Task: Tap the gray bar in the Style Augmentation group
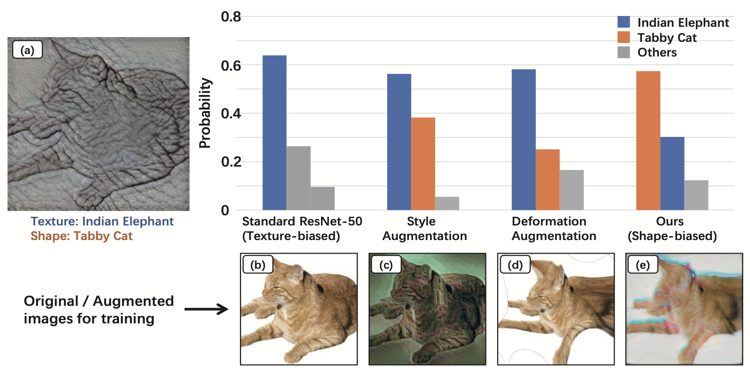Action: coord(447,203)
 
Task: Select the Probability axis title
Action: coord(206,113)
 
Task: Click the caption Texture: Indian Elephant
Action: coord(102,222)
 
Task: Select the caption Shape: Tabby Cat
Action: coord(81,236)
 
